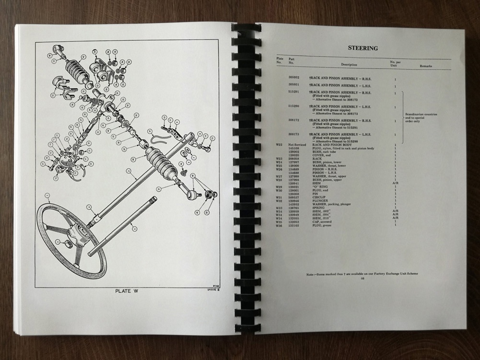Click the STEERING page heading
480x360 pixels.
(x=363, y=48)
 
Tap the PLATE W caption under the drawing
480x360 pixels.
(x=127, y=290)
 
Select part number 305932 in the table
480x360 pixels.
(x=294, y=77)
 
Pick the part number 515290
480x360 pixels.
(x=294, y=106)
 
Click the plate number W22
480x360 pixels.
(x=279, y=144)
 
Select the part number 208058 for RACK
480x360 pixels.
(x=294, y=158)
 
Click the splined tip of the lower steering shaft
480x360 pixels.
(x=153, y=199)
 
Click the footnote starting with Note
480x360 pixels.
(x=362, y=273)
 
